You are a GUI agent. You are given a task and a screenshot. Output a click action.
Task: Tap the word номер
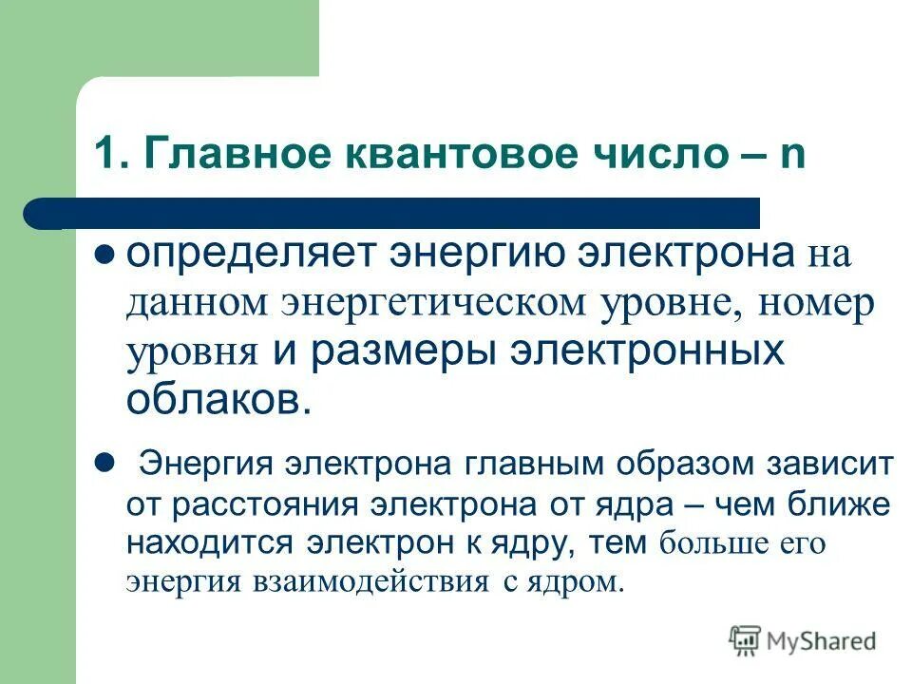click(x=812, y=303)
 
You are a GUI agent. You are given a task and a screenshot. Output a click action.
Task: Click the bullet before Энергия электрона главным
click(x=105, y=462)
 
